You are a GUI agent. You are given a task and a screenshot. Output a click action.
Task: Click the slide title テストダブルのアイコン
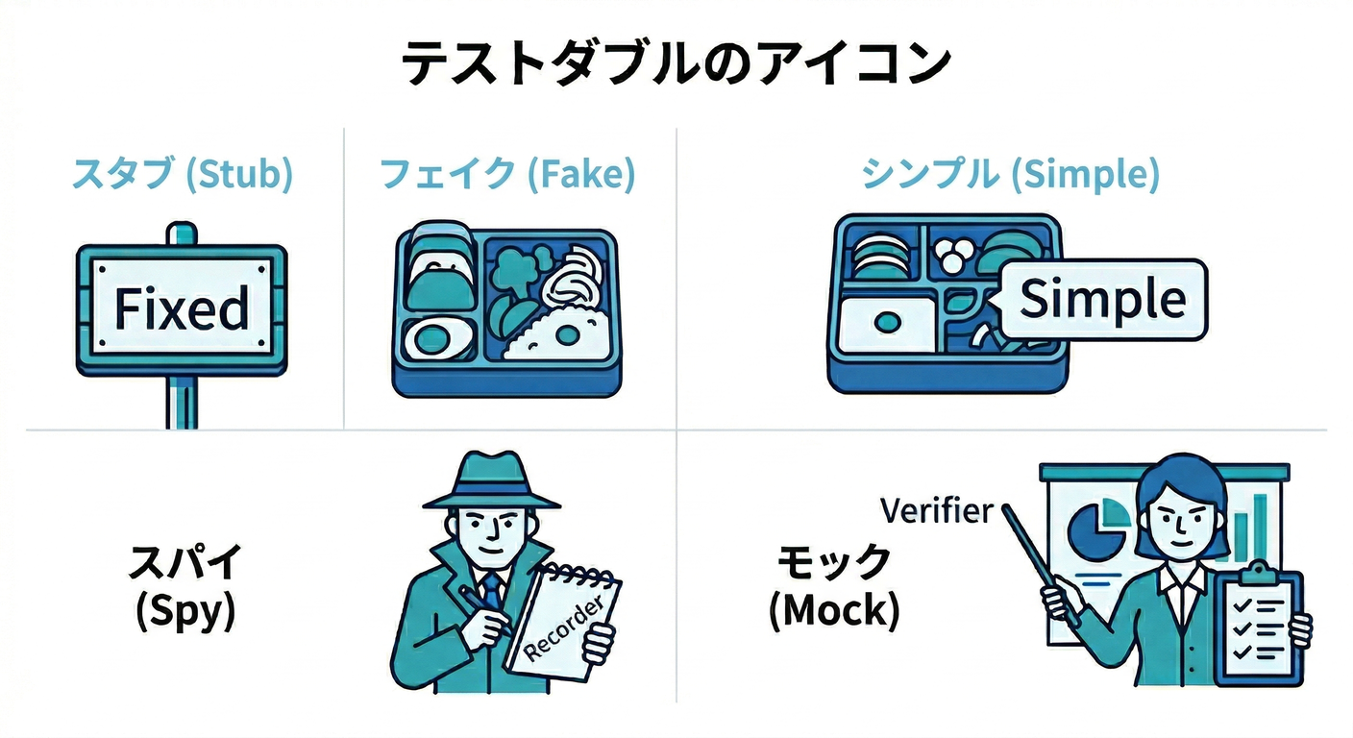(676, 63)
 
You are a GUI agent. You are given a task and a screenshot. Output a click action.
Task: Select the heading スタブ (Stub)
(182, 174)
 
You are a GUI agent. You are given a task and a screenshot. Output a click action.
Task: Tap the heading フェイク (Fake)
(507, 174)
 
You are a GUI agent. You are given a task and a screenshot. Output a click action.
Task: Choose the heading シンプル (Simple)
(1010, 174)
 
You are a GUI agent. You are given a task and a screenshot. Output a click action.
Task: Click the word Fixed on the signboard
(182, 308)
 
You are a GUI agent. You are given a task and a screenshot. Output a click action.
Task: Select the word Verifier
(937, 511)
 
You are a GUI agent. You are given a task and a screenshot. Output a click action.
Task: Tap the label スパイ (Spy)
(185, 588)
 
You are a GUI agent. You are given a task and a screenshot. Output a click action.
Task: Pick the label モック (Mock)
(834, 588)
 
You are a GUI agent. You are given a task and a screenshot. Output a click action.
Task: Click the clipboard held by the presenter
(1260, 625)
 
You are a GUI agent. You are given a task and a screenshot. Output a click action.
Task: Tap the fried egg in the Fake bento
(438, 339)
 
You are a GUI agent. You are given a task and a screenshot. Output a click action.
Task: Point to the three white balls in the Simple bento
(953, 255)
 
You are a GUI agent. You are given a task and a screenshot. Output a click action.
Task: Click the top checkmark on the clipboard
(1242, 603)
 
